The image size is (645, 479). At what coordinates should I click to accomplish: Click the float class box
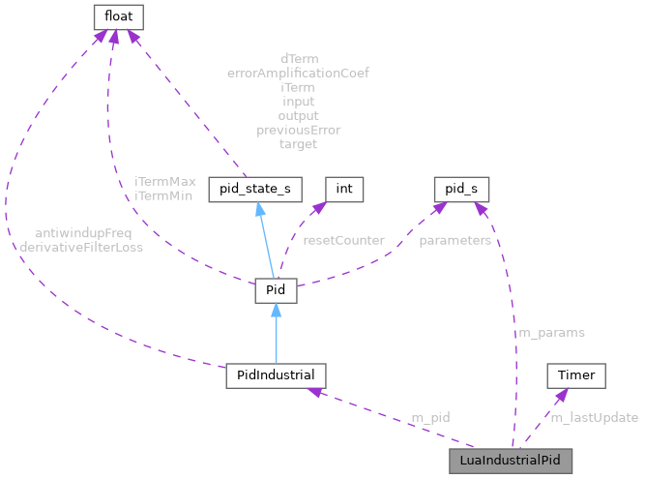click(x=119, y=15)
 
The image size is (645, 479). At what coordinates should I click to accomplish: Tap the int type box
click(x=344, y=190)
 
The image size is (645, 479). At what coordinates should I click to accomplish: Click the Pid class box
click(x=275, y=290)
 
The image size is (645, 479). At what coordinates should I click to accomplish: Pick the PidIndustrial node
click(x=276, y=374)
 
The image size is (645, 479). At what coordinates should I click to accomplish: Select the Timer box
click(x=576, y=374)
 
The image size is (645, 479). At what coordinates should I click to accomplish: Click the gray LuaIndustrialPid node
click(x=511, y=460)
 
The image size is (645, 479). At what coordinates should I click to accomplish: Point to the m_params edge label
click(x=551, y=332)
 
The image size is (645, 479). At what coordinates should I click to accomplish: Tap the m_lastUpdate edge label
click(x=594, y=417)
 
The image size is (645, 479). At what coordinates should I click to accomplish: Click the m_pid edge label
click(x=430, y=417)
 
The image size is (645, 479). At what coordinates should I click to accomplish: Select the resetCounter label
click(x=343, y=239)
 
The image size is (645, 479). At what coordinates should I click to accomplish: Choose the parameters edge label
click(x=454, y=239)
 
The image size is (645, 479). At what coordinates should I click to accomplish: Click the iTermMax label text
click(x=165, y=181)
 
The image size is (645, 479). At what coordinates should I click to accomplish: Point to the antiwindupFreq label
click(x=83, y=233)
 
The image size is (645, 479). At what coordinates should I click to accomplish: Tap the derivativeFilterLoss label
click(x=81, y=247)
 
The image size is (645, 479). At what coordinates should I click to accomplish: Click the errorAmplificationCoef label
click(x=298, y=73)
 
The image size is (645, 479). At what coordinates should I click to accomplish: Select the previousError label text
click(x=298, y=130)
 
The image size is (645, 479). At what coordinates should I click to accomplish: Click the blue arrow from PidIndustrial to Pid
click(x=276, y=333)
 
